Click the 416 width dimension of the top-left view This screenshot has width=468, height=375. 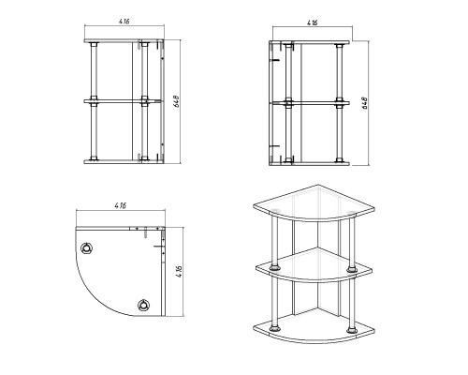click(x=124, y=22)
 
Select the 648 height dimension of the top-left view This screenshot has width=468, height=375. click(x=176, y=101)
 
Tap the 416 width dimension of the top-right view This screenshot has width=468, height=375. click(x=313, y=22)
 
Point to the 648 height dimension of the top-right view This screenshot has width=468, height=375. click(x=365, y=103)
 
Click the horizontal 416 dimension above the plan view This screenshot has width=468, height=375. click(x=121, y=205)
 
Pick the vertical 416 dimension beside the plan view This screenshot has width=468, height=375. click(x=179, y=272)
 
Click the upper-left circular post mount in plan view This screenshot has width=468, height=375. click(x=86, y=248)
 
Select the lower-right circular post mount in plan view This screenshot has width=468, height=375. click(x=143, y=306)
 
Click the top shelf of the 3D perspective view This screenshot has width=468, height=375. click(x=314, y=203)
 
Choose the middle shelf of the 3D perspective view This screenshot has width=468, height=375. click(x=314, y=265)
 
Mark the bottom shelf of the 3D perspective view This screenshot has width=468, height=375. click(x=314, y=328)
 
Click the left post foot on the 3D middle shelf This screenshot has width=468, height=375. click(x=274, y=268)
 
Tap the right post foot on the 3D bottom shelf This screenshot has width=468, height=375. click(x=352, y=330)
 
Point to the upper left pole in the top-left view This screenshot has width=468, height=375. click(x=94, y=71)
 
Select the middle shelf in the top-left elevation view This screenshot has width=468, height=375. click(x=123, y=101)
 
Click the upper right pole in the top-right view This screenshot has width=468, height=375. click(x=339, y=73)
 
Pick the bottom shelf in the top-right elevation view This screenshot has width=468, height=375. click(x=310, y=163)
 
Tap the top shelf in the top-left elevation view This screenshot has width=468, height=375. click(x=124, y=41)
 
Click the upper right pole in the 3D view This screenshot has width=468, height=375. click(x=352, y=242)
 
